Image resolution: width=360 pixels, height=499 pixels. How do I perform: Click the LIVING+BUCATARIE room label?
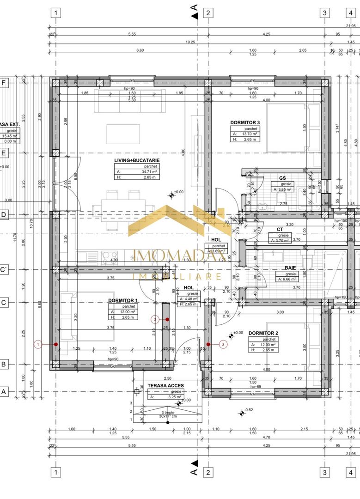(x=137, y=160)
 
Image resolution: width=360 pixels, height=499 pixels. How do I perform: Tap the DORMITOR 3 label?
(x=245, y=122)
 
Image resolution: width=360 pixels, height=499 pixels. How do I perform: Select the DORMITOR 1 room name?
(x=123, y=300)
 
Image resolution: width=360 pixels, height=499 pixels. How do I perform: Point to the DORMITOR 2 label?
(x=263, y=333)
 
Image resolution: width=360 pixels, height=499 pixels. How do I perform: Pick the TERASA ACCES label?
(x=165, y=385)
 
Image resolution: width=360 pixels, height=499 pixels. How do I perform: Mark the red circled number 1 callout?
(x=38, y=344)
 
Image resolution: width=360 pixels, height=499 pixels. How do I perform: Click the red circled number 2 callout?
(x=224, y=344)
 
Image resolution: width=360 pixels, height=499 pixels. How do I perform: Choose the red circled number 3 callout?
(x=156, y=319)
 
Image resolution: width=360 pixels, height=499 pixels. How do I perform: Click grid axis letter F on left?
(x=4, y=83)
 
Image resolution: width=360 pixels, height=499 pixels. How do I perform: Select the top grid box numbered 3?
(x=325, y=13)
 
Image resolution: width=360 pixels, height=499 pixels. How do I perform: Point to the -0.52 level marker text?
(x=249, y=410)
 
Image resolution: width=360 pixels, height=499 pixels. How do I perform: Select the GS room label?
(x=282, y=177)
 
